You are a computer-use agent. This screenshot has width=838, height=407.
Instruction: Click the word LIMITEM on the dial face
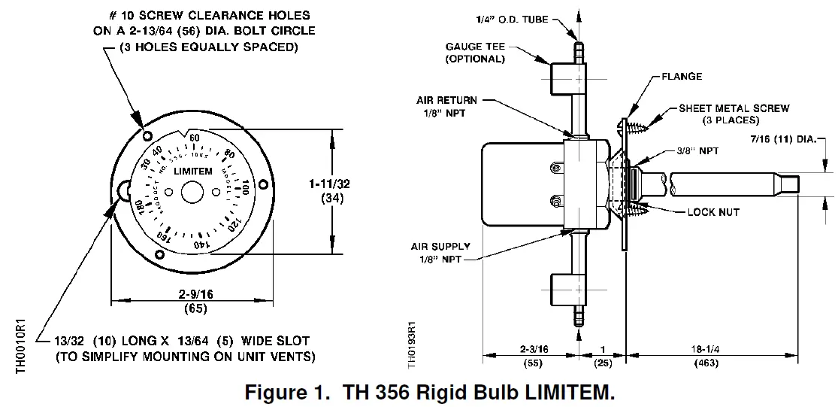point(193,172)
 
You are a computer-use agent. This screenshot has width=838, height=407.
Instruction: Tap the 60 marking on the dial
point(195,138)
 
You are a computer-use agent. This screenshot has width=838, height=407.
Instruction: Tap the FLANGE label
point(682,77)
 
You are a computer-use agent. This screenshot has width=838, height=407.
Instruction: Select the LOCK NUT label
point(712,213)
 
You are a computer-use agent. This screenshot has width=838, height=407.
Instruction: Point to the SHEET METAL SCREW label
point(734,108)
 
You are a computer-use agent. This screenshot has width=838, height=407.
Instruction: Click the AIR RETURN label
point(446,100)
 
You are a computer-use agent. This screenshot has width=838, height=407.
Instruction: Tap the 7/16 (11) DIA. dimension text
point(791,141)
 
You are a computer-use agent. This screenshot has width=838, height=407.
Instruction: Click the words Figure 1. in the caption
point(283,392)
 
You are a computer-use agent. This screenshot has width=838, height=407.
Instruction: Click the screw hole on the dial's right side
point(263,184)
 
